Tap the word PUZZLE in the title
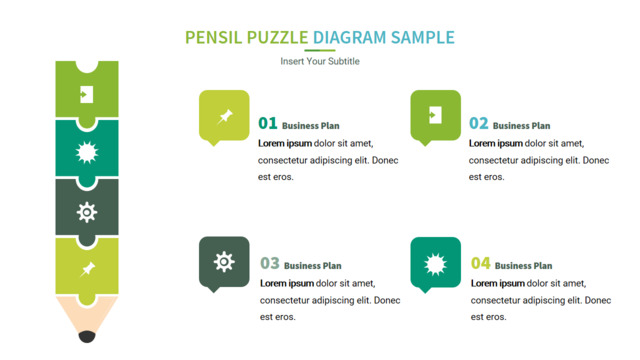tap(277, 38)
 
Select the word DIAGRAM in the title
tap(349, 38)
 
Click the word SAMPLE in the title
tap(423, 38)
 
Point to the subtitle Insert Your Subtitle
tap(320, 61)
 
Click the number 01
tap(268, 123)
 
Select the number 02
tap(478, 123)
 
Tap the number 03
tap(270, 263)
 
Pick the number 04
tap(480, 263)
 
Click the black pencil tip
tap(87, 337)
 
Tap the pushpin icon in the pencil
tap(87, 269)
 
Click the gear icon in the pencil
tap(87, 212)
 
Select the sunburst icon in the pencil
tap(87, 153)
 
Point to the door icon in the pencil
tap(86, 94)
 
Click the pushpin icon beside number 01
tap(224, 117)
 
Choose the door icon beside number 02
tap(435, 115)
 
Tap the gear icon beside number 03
tap(224, 262)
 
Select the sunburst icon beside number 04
tap(436, 264)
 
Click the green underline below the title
tap(320, 51)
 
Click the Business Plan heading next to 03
tap(313, 266)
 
